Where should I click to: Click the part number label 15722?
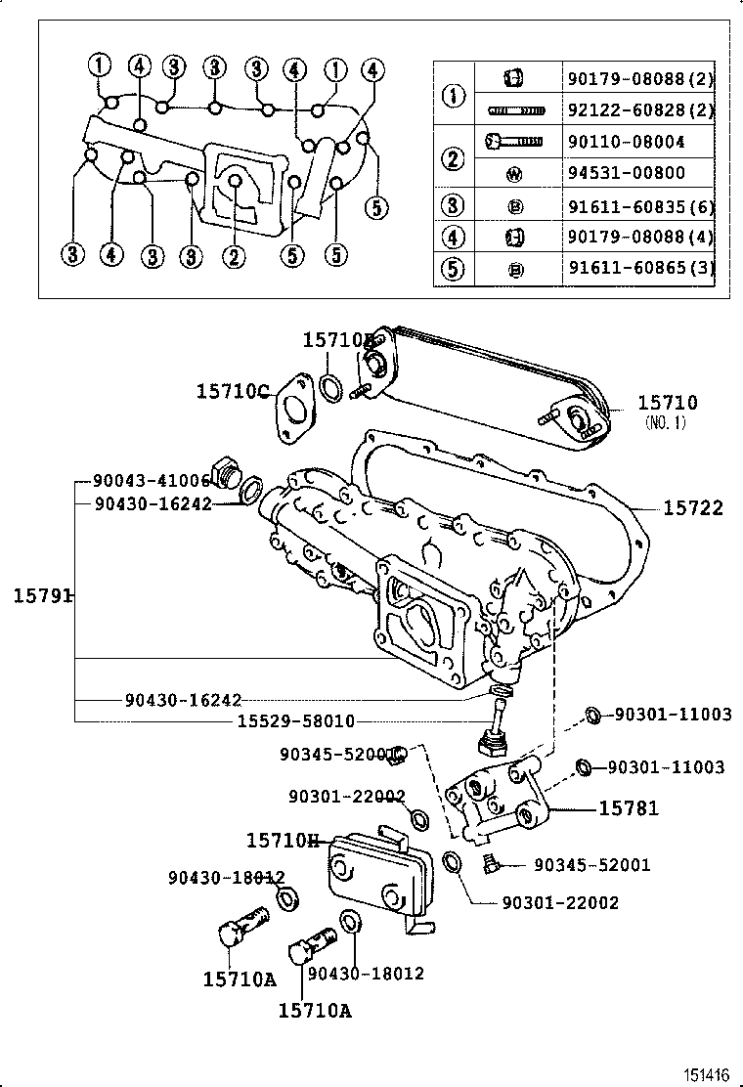(x=693, y=507)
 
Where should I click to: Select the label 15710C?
(x=232, y=391)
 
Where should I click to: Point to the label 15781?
(x=629, y=808)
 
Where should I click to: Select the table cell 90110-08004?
(x=625, y=142)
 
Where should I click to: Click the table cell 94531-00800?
(x=625, y=173)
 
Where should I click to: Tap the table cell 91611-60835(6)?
(x=639, y=205)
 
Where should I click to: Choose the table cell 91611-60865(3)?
(x=639, y=269)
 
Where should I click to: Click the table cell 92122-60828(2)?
(x=639, y=110)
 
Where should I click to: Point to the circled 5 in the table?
(x=453, y=269)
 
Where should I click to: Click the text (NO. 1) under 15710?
(x=667, y=422)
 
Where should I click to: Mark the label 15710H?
(x=284, y=841)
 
